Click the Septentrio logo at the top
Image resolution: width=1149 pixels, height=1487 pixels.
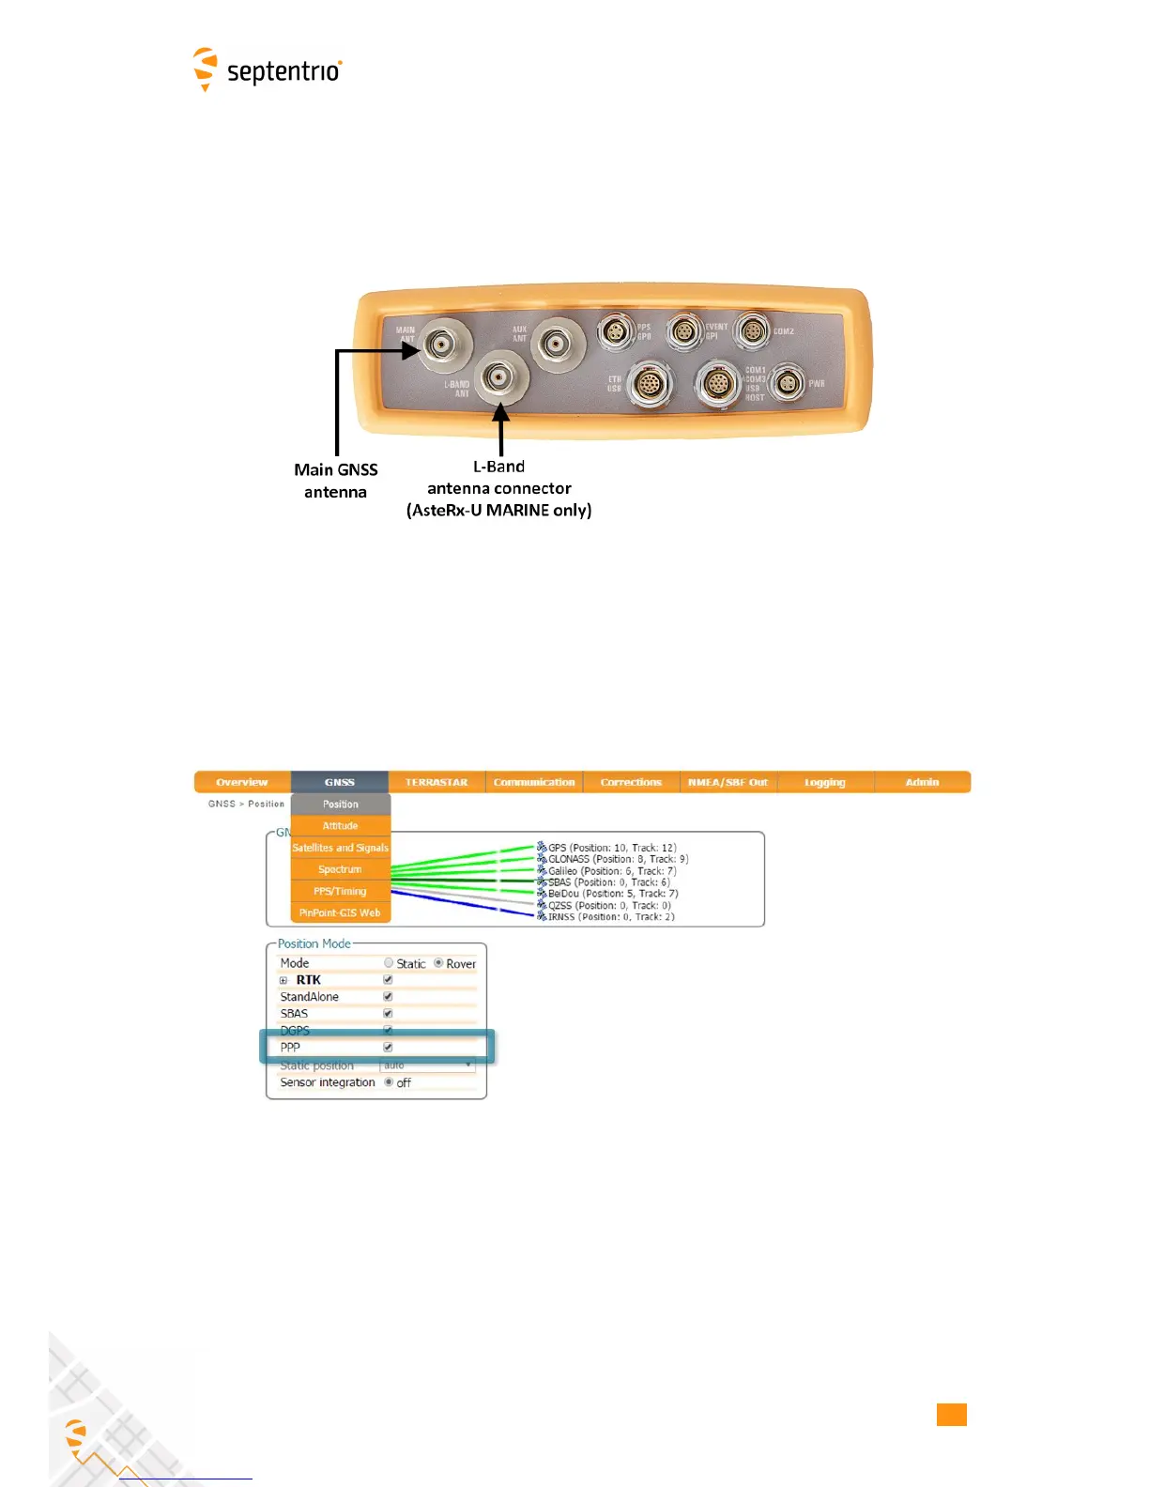(x=268, y=70)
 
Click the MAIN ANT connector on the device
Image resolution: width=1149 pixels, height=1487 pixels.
(x=439, y=345)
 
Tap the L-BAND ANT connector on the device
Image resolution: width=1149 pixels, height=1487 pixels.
(x=500, y=377)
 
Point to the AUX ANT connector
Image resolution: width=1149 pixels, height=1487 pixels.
(x=558, y=345)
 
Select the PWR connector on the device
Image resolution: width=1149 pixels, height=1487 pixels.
(x=787, y=383)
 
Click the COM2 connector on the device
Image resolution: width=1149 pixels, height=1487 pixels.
(x=752, y=331)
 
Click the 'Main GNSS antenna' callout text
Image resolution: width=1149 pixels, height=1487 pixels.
(x=335, y=481)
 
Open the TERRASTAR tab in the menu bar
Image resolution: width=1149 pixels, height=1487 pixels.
(x=436, y=782)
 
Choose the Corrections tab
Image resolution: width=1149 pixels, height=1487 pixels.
(x=631, y=782)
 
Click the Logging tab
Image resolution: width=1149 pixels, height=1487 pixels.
(x=824, y=782)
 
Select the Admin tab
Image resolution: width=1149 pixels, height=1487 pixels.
(x=922, y=782)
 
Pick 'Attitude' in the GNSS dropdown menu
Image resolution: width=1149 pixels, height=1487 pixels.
(x=340, y=826)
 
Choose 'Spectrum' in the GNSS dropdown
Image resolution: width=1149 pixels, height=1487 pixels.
(x=340, y=869)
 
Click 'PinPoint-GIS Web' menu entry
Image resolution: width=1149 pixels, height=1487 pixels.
(x=340, y=912)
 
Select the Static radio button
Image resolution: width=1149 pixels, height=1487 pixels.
(x=389, y=963)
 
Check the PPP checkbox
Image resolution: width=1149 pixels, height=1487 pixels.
(x=388, y=1047)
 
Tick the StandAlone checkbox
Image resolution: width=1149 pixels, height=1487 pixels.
(x=388, y=997)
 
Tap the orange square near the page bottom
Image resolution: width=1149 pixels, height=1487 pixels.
(x=951, y=1415)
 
